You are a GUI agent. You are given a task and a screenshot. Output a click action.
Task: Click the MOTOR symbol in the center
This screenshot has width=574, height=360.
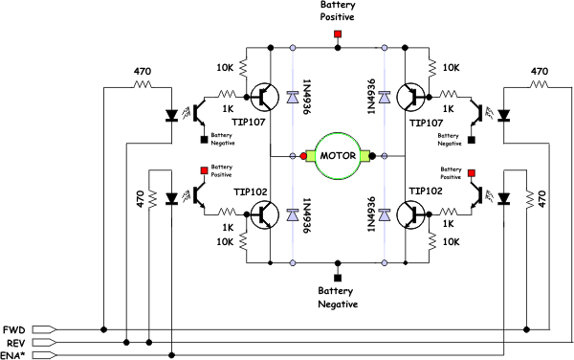[x=338, y=156]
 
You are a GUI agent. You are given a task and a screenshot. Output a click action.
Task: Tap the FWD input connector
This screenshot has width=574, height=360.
[x=44, y=330]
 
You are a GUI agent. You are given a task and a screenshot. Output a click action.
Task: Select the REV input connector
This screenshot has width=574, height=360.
[x=44, y=343]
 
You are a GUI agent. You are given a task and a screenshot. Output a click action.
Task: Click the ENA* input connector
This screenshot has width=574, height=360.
[x=44, y=355]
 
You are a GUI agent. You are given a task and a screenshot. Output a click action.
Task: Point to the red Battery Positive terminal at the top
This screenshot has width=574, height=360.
[x=338, y=34]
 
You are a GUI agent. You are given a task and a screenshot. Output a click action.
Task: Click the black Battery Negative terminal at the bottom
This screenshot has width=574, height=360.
[x=338, y=278]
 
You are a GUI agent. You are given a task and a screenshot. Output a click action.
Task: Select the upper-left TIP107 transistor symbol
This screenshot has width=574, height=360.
[x=265, y=97]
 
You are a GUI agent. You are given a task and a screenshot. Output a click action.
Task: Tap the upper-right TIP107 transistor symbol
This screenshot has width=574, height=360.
[x=411, y=97]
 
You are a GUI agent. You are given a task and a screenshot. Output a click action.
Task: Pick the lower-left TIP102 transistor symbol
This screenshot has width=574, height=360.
[x=265, y=215]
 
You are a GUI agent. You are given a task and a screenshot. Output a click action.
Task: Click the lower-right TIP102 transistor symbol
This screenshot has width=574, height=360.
[x=411, y=215]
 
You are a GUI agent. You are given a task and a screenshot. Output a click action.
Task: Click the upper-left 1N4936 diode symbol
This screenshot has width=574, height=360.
[x=293, y=98]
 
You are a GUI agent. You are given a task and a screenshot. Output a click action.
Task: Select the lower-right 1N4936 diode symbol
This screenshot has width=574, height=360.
[x=384, y=215]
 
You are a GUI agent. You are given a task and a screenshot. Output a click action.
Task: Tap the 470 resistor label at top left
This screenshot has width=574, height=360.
[x=143, y=72]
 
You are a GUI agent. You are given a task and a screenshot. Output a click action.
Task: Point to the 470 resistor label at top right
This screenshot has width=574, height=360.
[x=540, y=72]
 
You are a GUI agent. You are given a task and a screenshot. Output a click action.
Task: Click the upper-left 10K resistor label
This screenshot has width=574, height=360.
[x=225, y=68]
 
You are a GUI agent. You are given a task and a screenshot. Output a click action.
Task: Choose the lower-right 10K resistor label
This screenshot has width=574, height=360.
[x=451, y=242]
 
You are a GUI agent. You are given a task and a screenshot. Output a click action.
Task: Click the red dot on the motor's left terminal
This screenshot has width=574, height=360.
[x=303, y=156]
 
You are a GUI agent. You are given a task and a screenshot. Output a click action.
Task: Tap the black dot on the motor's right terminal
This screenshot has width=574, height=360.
[x=372, y=156]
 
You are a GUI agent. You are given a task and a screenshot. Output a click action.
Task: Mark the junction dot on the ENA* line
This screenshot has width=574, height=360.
[x=171, y=355]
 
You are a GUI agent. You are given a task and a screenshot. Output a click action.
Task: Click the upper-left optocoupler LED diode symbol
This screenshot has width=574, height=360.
[x=171, y=115]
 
